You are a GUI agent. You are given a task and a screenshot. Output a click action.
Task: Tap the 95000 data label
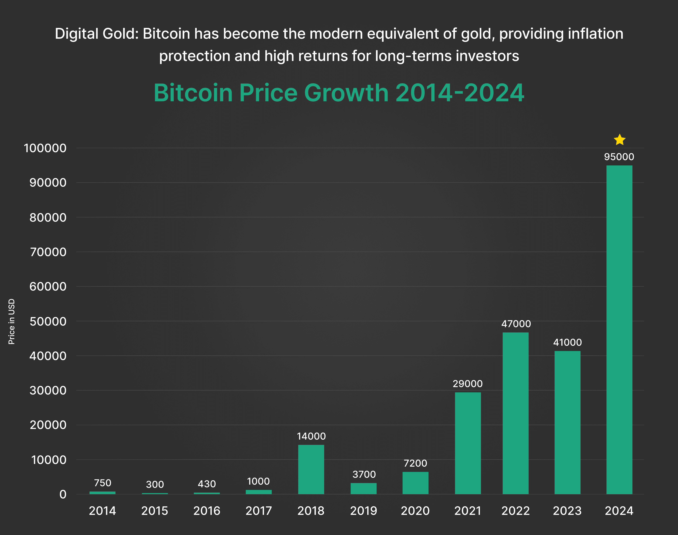[x=619, y=157]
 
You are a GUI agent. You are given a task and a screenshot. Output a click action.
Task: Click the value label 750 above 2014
[x=103, y=483]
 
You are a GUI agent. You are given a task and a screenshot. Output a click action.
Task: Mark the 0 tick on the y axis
[x=63, y=494]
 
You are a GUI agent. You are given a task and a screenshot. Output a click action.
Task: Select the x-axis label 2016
[x=207, y=511]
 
